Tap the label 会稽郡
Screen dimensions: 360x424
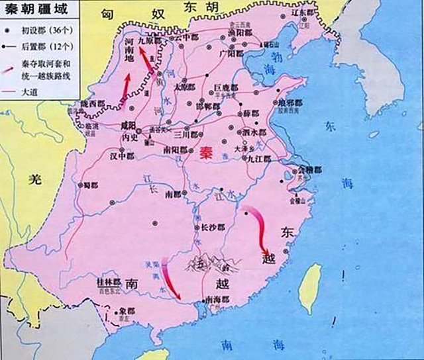click(x=308, y=170)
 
